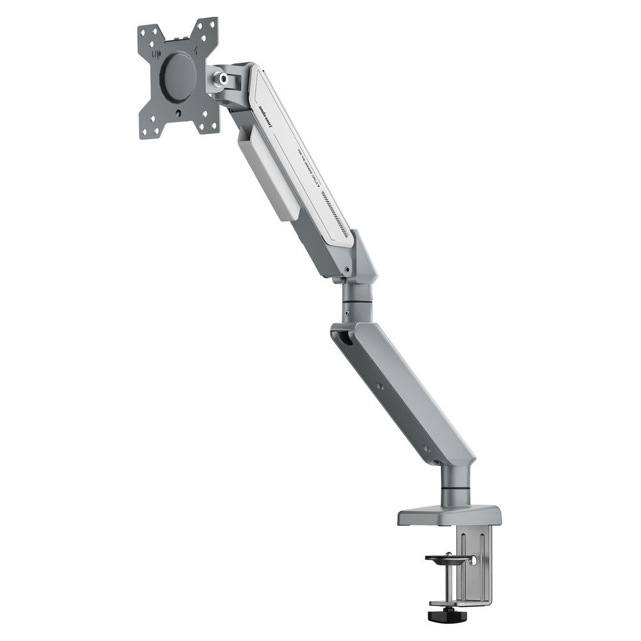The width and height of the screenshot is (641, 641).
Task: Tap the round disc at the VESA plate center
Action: tap(178, 75)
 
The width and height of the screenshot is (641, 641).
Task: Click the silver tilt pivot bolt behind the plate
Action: tap(223, 79)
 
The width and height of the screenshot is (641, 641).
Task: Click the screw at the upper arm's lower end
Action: tap(347, 270)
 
